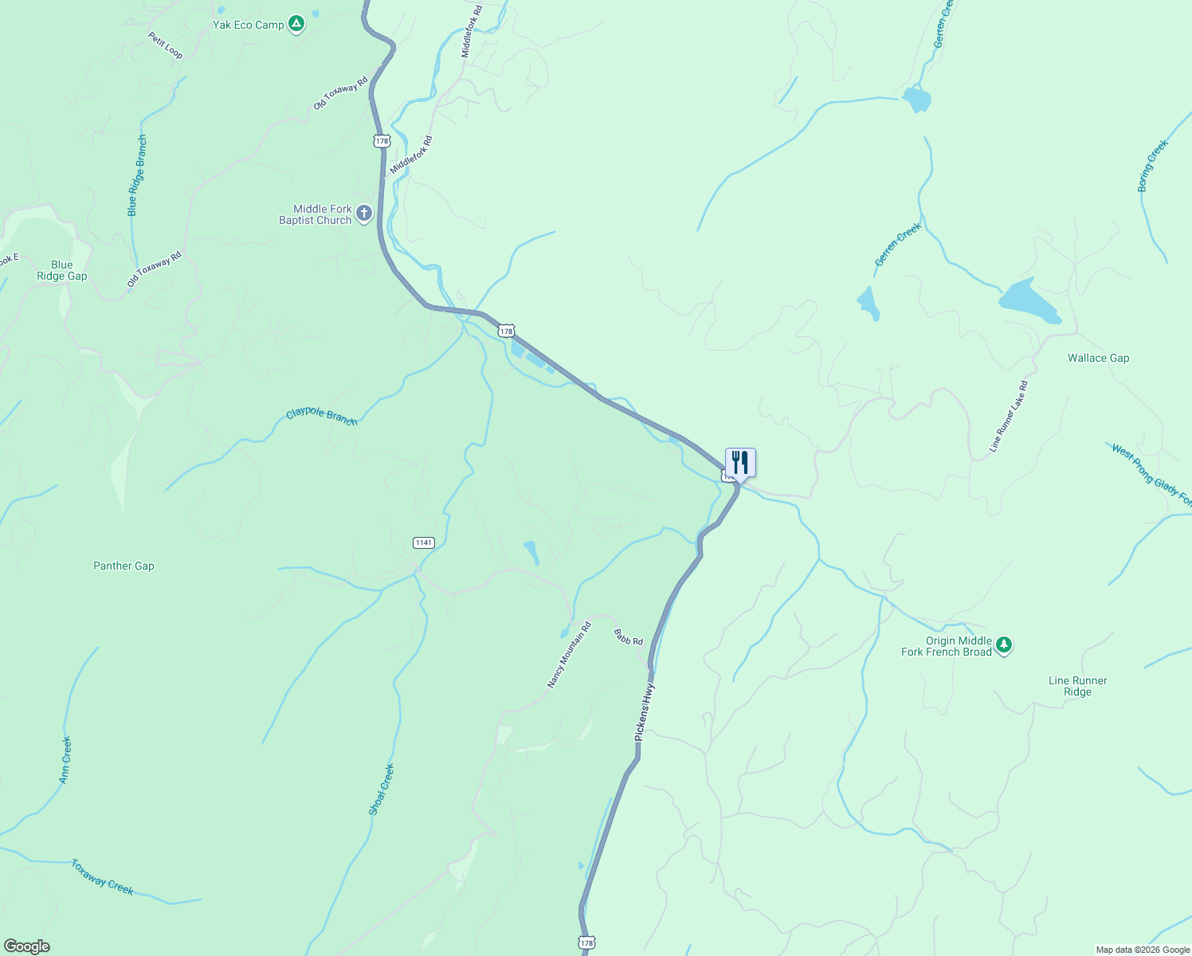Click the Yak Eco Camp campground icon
tap(296, 24)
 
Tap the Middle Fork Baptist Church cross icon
tap(364, 214)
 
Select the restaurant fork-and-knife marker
tap(740, 463)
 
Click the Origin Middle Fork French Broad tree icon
tap(1004, 645)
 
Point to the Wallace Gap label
tap(1098, 358)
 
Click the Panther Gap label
tap(124, 566)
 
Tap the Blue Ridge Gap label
tap(61, 271)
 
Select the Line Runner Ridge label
tap(1077, 686)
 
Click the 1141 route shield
tap(423, 543)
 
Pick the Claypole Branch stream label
tap(321, 416)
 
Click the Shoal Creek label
tap(382, 789)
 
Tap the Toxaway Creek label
tap(102, 876)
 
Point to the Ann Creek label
tap(65, 759)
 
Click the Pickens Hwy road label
tap(644, 711)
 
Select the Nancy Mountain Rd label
tap(569, 655)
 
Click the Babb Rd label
tap(628, 637)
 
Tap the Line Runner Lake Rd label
tap(1008, 417)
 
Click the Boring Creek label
tap(1152, 166)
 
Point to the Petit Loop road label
tap(165, 45)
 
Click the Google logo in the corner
tap(26, 946)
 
